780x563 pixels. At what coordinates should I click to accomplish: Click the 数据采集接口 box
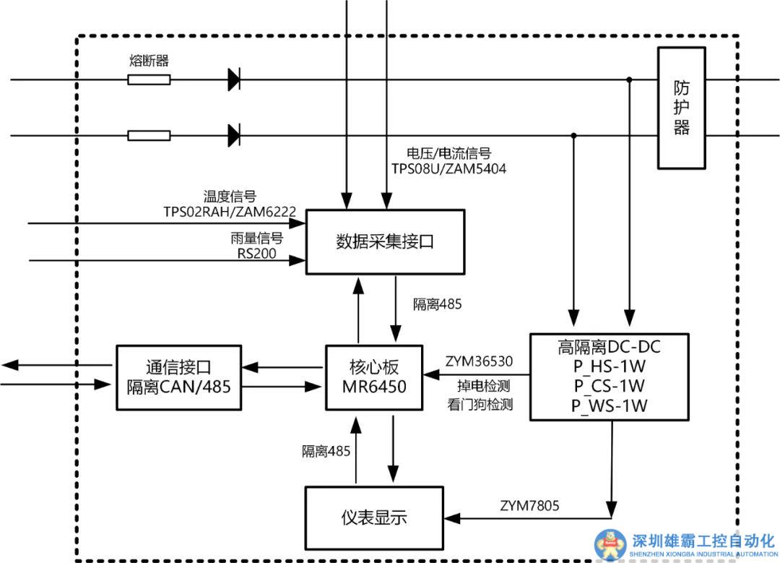[x=384, y=242]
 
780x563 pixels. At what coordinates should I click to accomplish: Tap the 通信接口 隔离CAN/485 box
[x=177, y=377]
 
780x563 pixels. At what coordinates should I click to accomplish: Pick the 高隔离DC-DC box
[x=609, y=376]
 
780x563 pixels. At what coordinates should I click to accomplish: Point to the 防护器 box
[x=681, y=108]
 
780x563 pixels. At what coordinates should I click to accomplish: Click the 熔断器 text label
[x=149, y=61]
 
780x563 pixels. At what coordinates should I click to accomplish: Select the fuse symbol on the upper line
[x=149, y=79]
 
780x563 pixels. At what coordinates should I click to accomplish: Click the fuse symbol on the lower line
[x=149, y=135]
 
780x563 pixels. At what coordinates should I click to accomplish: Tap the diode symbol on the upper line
[x=234, y=79]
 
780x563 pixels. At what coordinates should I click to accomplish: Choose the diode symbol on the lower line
[x=234, y=135]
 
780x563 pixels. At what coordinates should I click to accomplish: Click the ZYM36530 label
[x=479, y=361]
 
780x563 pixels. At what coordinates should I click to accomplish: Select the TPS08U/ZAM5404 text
[x=448, y=170]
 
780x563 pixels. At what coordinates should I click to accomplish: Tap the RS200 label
[x=256, y=253]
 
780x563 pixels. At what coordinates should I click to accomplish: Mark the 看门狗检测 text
[x=480, y=405]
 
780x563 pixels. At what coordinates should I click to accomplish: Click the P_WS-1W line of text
[x=609, y=405]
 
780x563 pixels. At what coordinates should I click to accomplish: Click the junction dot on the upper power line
[x=630, y=79]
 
